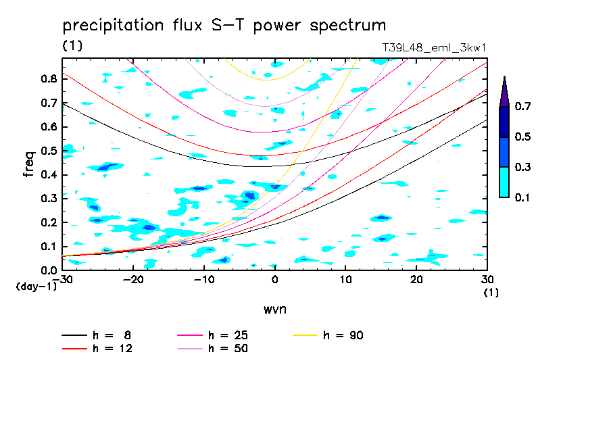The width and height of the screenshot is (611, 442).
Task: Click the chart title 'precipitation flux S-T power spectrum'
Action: coord(224,26)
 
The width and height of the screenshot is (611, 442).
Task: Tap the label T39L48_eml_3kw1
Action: coord(434,47)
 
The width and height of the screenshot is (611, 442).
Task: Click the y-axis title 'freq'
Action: coord(29,164)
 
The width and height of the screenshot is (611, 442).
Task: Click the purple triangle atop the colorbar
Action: coord(504,91)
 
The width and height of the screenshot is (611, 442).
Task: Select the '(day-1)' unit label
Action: coord(36,287)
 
